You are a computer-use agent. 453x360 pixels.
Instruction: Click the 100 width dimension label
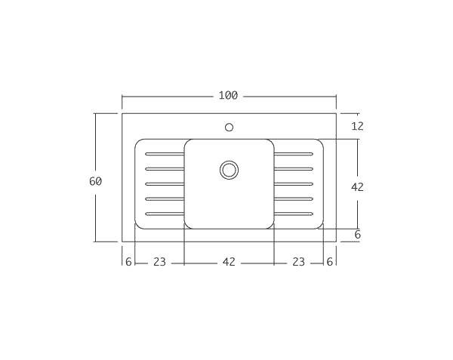tap(228, 96)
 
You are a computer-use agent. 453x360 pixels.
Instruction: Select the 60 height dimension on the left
tap(95, 181)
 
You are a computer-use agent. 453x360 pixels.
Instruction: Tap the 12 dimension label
tap(357, 126)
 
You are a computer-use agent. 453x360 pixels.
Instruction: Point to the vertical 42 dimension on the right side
tap(357, 186)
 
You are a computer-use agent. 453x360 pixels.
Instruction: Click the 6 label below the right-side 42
tap(357, 235)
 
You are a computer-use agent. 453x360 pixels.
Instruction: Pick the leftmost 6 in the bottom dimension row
tap(128, 262)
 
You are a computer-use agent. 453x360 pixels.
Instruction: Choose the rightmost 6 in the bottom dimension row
tap(329, 262)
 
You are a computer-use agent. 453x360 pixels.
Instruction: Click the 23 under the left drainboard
tap(159, 262)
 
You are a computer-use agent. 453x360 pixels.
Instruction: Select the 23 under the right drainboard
tap(298, 262)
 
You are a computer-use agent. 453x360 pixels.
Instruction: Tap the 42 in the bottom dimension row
tap(229, 262)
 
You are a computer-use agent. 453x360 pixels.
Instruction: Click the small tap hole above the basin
tap(229, 127)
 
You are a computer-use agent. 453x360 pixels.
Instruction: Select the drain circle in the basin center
tap(229, 170)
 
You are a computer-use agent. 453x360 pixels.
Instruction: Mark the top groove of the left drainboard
tap(165, 154)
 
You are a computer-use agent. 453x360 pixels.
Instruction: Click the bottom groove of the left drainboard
tap(165, 214)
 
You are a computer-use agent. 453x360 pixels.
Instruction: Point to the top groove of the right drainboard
tap(293, 154)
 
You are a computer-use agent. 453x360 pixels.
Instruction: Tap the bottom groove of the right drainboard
tap(293, 214)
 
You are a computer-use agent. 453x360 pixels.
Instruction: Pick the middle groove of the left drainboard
tap(165, 184)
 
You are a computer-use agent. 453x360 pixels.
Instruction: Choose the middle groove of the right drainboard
tap(293, 184)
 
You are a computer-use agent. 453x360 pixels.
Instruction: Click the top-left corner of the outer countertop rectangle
tap(122, 114)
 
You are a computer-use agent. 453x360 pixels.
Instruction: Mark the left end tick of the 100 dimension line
tap(122, 97)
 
